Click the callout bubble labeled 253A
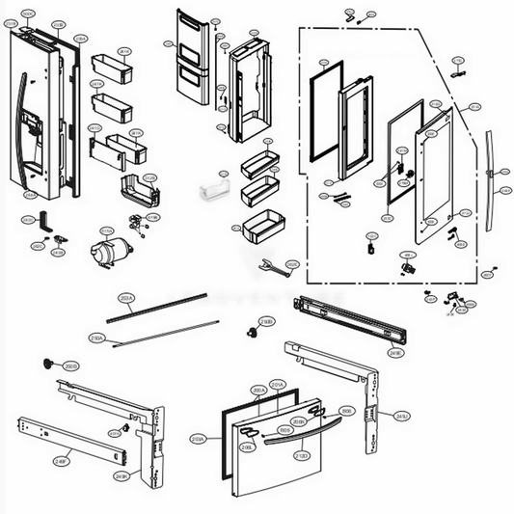tap(124, 299)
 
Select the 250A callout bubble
tap(124, 338)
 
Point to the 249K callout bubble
tap(122, 476)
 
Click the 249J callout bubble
tap(400, 416)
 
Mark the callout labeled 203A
tap(197, 439)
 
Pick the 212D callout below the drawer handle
tap(301, 455)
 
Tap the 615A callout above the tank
tap(108, 230)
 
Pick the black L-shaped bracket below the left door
tap(44, 220)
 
